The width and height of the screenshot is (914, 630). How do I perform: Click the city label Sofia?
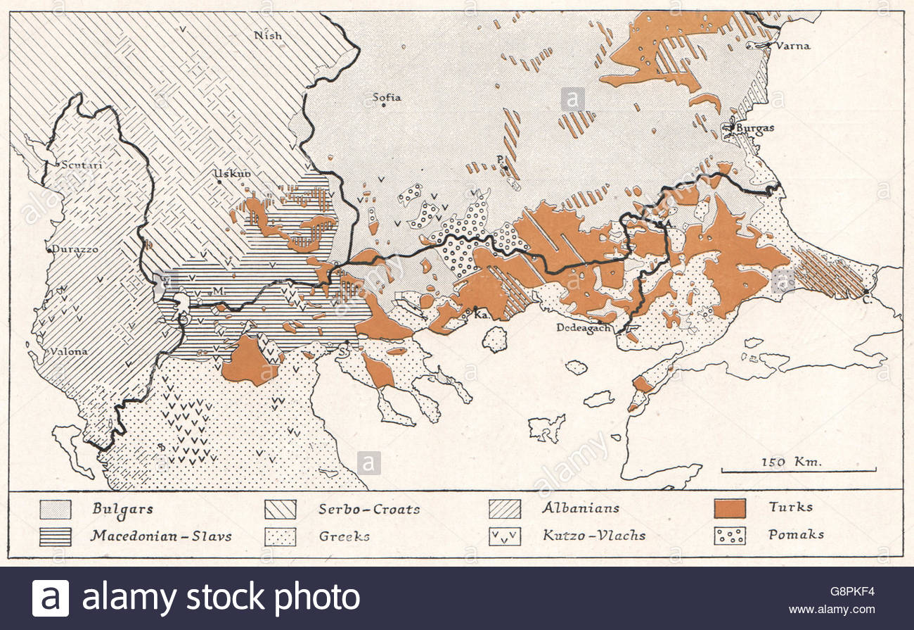point(387,97)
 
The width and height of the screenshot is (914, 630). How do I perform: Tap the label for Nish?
point(268,35)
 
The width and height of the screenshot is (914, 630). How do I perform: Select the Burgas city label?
point(756,128)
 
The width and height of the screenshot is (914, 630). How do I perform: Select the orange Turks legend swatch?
point(729,508)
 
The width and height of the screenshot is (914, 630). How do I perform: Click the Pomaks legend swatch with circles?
point(729,536)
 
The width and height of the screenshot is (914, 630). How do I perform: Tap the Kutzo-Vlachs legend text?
point(593,535)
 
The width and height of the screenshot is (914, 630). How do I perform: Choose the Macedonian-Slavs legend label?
point(160,536)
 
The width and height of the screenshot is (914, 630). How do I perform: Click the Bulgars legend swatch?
point(56,508)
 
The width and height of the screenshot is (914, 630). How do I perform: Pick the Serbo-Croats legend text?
point(369,508)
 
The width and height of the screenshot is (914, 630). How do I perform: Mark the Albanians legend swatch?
point(505,508)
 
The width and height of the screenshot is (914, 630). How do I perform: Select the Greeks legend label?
point(344,536)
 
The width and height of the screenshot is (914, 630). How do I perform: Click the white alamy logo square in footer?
point(51,598)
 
